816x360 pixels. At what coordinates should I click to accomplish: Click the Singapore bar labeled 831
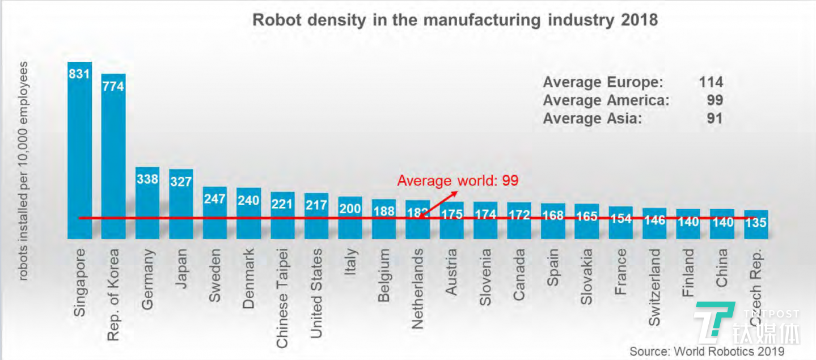pos(79,150)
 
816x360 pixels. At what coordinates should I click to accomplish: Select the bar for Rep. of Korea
pos(113,156)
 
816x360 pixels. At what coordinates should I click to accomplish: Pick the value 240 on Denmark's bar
pos(248,200)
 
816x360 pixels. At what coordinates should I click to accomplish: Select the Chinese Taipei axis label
pos(282,298)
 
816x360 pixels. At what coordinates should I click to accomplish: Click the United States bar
pos(316,215)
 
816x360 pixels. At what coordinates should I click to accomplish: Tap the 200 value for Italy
pos(350,209)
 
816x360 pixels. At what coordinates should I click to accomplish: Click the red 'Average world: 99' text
pos(458,181)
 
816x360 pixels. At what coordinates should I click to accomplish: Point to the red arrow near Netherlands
pos(439,203)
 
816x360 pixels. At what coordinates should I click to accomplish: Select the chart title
pos(455,20)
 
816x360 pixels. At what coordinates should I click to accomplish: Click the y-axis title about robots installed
pos(24,170)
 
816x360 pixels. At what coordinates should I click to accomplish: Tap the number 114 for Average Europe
pos(711,82)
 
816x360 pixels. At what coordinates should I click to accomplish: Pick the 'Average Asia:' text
pos(593,118)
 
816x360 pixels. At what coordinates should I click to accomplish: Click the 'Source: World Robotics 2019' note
pos(707,351)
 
